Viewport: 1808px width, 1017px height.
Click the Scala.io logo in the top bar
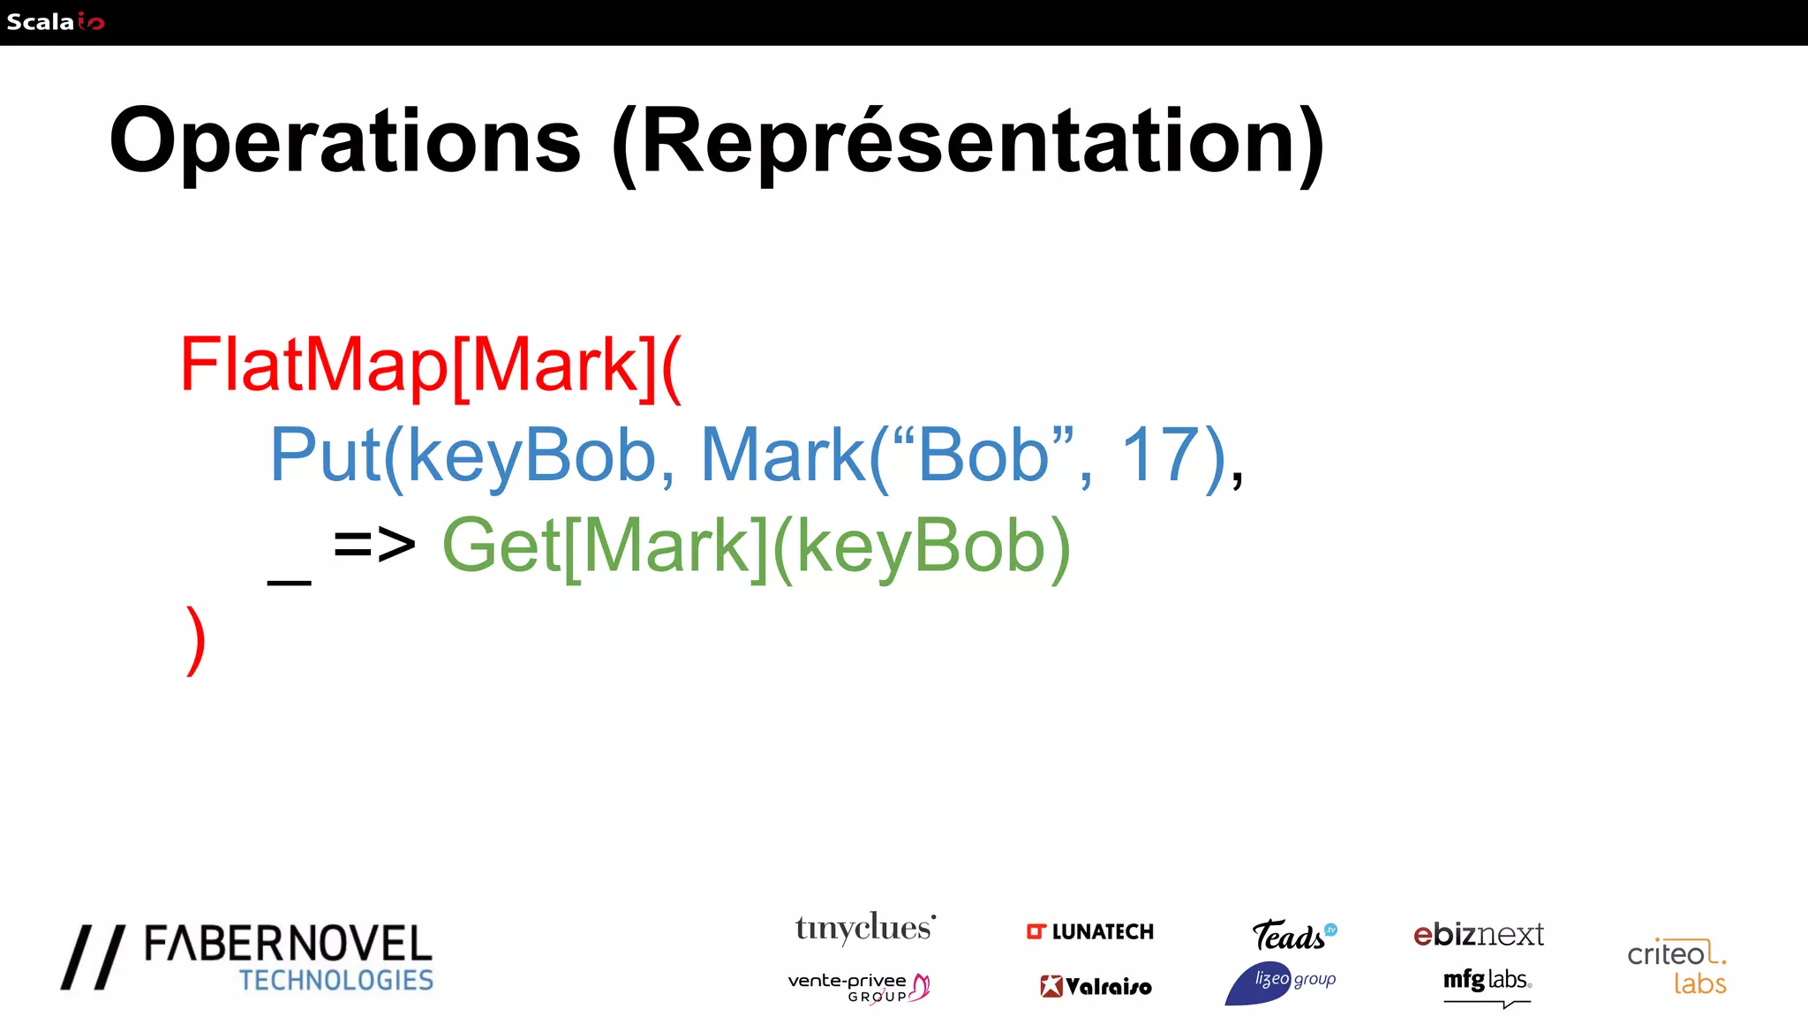[55, 21]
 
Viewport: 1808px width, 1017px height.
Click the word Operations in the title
[345, 142]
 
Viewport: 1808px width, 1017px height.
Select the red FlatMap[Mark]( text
[431, 365]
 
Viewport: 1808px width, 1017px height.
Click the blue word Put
[325, 456]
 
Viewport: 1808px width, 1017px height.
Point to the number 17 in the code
[1160, 456]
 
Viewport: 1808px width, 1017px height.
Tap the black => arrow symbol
[374, 545]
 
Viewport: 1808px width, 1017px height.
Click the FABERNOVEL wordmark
[288, 945]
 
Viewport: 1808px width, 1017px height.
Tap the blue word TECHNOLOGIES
[336, 981]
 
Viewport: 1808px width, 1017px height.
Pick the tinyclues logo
[864, 929]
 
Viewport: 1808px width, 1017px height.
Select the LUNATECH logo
[1090, 932]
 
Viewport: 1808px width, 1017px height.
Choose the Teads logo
[1292, 935]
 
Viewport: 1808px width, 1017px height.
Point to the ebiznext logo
[1479, 934]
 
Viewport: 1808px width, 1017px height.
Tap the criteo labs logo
[1676, 967]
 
